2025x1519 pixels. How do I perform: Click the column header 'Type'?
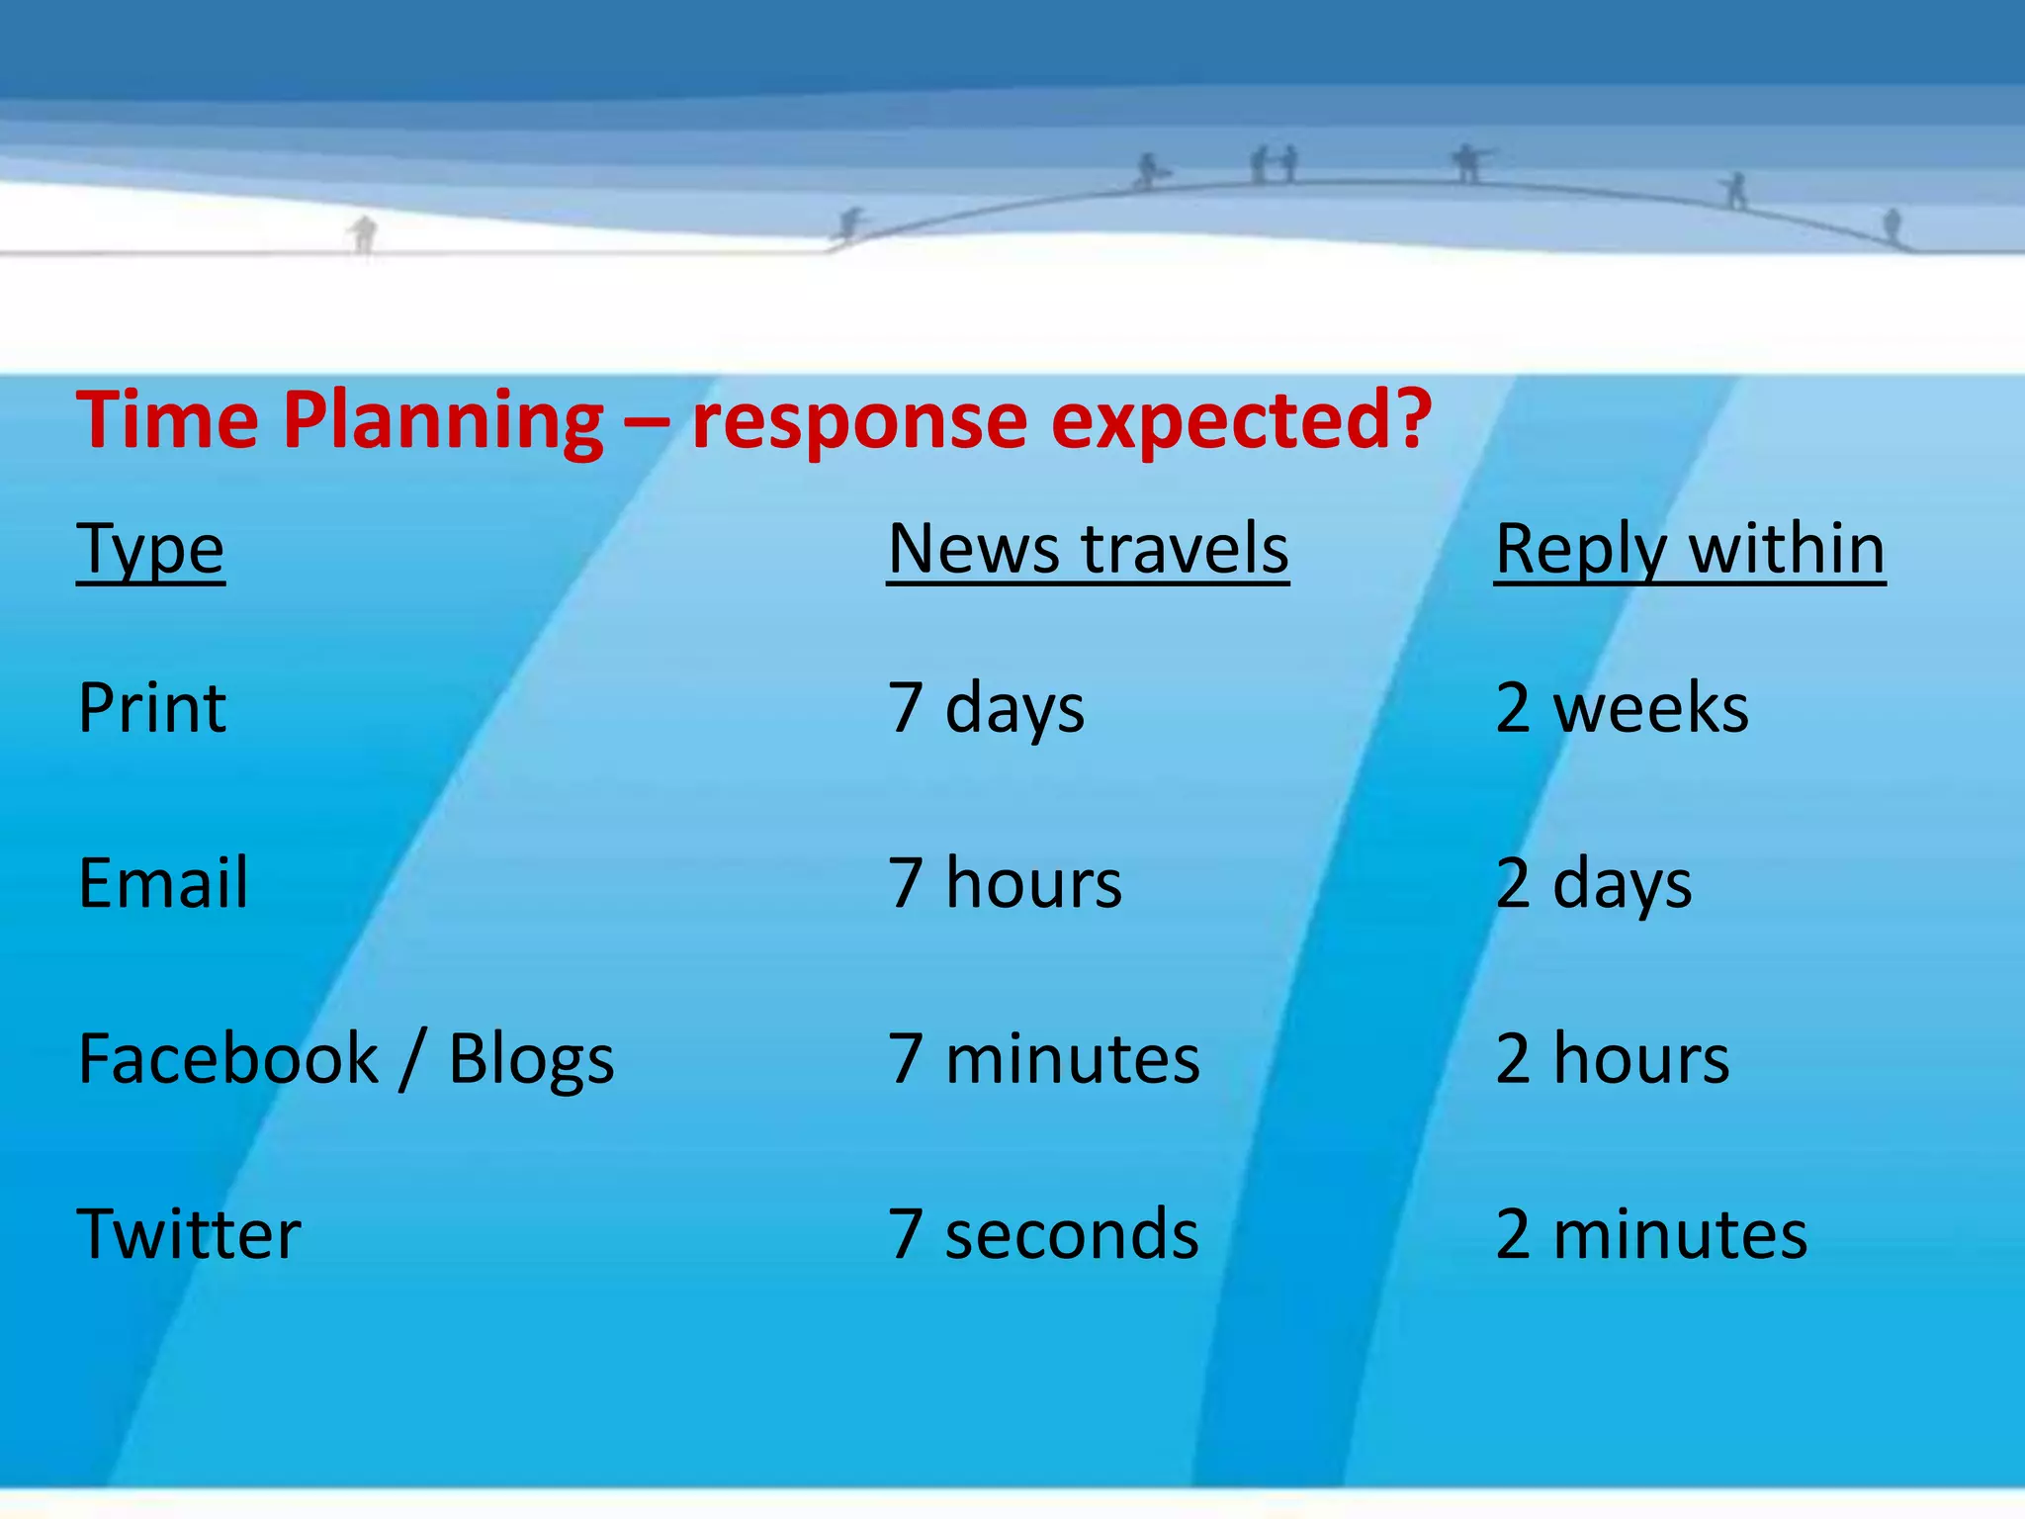click(150, 550)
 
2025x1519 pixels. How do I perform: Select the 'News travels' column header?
click(1088, 550)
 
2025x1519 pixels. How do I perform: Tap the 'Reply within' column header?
click(1690, 550)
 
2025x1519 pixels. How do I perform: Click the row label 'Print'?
click(152, 708)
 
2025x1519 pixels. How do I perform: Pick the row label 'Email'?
click(163, 882)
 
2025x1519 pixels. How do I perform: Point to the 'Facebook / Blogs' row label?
click(346, 1059)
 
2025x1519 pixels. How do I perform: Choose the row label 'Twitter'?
click(189, 1234)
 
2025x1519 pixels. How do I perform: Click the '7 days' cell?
click(986, 708)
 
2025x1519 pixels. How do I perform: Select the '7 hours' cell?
click(1005, 882)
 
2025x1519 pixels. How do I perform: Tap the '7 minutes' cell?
click(1043, 1059)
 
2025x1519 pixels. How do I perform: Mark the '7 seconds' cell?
click(1043, 1234)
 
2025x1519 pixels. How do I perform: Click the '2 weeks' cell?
click(1622, 708)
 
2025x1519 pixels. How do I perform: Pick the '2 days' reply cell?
click(1593, 882)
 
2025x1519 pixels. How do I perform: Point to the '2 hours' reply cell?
click(1613, 1059)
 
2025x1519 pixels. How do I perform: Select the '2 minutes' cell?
click(1651, 1234)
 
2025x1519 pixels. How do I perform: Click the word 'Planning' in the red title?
click(442, 420)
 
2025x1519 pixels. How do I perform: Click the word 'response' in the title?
click(858, 420)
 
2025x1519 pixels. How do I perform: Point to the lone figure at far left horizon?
click(364, 234)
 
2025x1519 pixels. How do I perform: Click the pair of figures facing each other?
click(1274, 164)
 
